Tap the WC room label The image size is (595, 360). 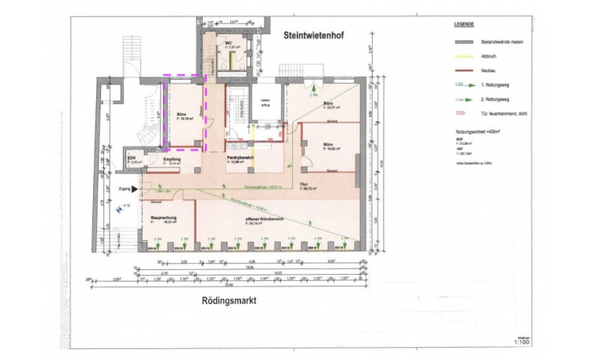tap(229, 43)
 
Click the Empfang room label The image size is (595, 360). tap(172, 159)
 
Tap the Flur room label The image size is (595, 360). tap(304, 185)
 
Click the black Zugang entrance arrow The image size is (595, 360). tap(135, 189)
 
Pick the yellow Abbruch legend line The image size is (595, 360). tap(463, 56)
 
